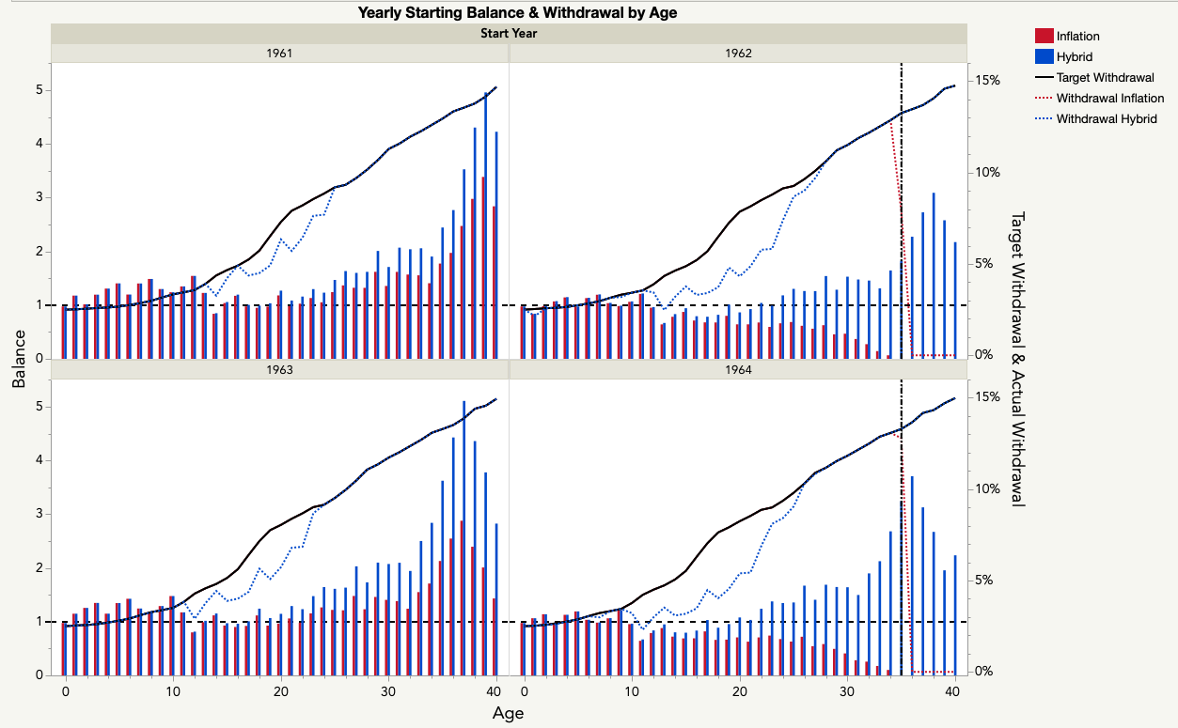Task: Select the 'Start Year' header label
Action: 509,33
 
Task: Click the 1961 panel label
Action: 279,54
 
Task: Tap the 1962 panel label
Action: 738,54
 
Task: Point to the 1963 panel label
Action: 279,370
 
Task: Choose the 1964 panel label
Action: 738,370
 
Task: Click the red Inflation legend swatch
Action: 1043,37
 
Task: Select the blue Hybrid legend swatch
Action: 1043,57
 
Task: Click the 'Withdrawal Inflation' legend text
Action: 1109,99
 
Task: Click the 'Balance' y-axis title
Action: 19,365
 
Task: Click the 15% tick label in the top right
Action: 987,81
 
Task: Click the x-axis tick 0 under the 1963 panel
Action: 65,690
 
